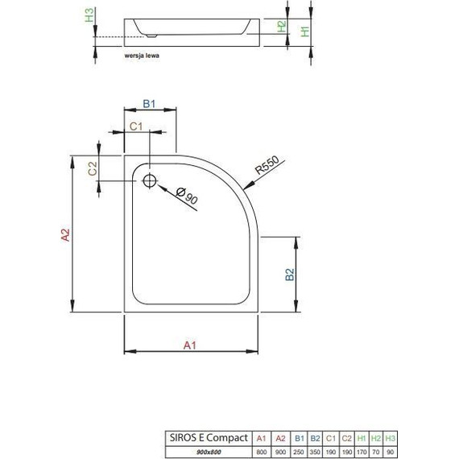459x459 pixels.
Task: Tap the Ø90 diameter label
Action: point(187,196)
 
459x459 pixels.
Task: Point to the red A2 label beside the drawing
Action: point(65,234)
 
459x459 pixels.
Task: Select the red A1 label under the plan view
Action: point(191,345)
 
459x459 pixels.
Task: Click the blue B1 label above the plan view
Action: point(149,103)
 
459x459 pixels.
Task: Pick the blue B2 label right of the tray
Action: point(289,276)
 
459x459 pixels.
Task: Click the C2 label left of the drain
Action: point(93,168)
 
